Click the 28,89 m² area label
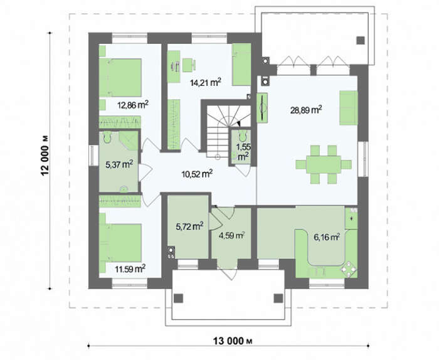[x=306, y=110]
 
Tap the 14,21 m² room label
[x=206, y=82]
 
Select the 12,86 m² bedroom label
[x=133, y=105]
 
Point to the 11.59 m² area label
[x=130, y=268]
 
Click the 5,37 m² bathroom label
[x=119, y=164]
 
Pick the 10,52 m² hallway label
[x=197, y=174]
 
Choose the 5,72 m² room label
[x=189, y=226]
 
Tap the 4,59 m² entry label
[x=232, y=236]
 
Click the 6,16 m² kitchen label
[x=327, y=237]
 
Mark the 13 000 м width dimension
[x=233, y=341]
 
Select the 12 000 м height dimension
[x=45, y=156]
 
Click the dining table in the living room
[x=324, y=164]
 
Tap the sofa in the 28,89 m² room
[x=349, y=107]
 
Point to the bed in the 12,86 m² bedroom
[x=120, y=78]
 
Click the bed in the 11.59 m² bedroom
[x=120, y=243]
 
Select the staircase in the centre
[x=227, y=130]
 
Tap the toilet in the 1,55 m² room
[x=242, y=136]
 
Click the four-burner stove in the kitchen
[x=349, y=269]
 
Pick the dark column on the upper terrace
[x=361, y=41]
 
